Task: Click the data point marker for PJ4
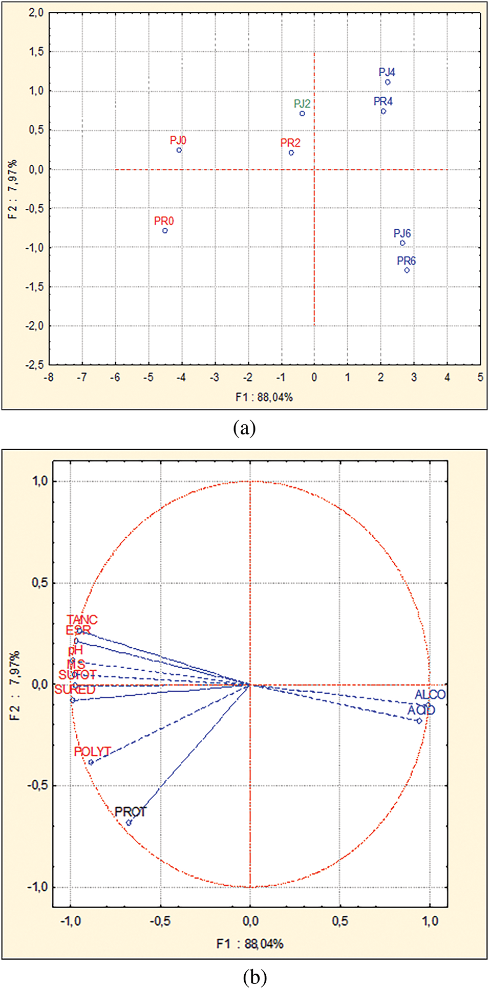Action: pyautogui.click(x=388, y=82)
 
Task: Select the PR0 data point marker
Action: pyautogui.click(x=165, y=231)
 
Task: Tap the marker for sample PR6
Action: pyautogui.click(x=407, y=270)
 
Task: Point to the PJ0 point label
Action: pyautogui.click(x=178, y=140)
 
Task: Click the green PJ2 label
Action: pyautogui.click(x=302, y=104)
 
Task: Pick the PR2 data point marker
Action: pyautogui.click(x=291, y=153)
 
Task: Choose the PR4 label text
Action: pyautogui.click(x=383, y=101)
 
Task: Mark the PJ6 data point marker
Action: pyautogui.click(x=402, y=243)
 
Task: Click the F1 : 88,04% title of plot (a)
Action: pyautogui.click(x=264, y=397)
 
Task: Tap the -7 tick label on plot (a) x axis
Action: pyautogui.click(x=81, y=378)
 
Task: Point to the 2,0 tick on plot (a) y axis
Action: pyautogui.click(x=36, y=13)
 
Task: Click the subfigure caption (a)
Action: pyautogui.click(x=244, y=428)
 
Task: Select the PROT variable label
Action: pyautogui.click(x=131, y=812)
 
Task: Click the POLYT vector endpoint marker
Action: pyautogui.click(x=91, y=762)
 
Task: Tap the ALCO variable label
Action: pyautogui.click(x=430, y=695)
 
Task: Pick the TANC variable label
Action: pyautogui.click(x=82, y=620)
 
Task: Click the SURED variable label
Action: pyautogui.click(x=75, y=690)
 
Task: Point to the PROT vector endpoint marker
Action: pyautogui.click(x=129, y=823)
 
